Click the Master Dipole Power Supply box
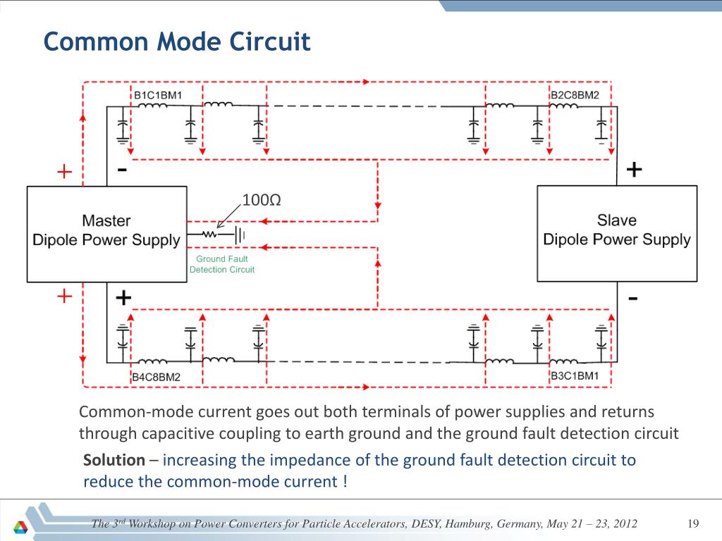[107, 234]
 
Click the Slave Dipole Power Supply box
[617, 234]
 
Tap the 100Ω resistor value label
[262, 200]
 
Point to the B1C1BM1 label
[158, 95]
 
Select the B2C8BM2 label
[575, 95]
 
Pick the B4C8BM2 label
[156, 378]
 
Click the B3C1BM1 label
[575, 376]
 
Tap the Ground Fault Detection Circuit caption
[222, 264]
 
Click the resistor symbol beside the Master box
[209, 234]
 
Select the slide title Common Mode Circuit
[177, 42]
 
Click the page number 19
[693, 523]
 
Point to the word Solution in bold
[114, 460]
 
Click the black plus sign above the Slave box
[634, 170]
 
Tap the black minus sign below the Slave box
[633, 299]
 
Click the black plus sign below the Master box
[123, 298]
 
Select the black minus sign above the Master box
[122, 170]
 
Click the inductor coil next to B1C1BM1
[153, 106]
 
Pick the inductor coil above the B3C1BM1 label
[563, 361]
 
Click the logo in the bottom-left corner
[20, 527]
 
